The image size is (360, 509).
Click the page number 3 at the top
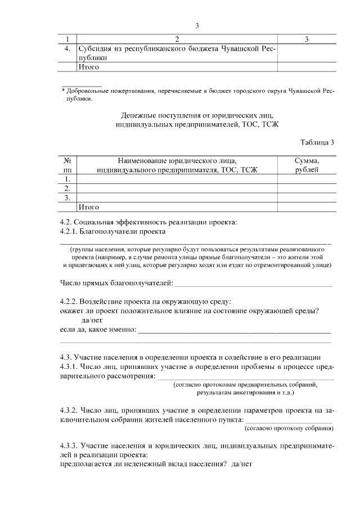197,25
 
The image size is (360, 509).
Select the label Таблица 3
317,142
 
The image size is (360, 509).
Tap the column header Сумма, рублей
307,165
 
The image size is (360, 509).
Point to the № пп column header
67,165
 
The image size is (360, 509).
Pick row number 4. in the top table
67,49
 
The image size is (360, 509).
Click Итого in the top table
88,67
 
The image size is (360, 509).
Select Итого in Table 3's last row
88,207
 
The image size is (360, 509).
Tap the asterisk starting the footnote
64,91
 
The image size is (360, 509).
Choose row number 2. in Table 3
67,188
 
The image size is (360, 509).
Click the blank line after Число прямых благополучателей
253,282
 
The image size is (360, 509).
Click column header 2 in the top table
177,39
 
